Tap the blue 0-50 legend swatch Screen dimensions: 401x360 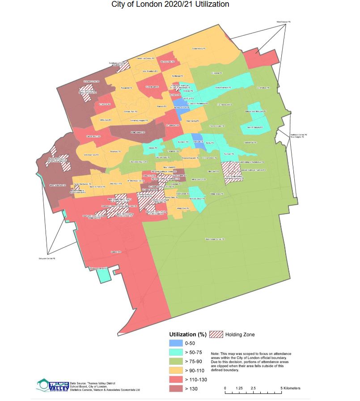pyautogui.click(x=176, y=344)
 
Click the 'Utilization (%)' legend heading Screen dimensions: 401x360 pyautogui.click(x=188, y=334)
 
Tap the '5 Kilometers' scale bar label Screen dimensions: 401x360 pyautogui.click(x=290, y=388)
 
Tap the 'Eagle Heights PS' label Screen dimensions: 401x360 pyautogui.click(x=126, y=133)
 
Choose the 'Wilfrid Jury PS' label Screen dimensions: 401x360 pyautogui.click(x=105, y=120)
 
